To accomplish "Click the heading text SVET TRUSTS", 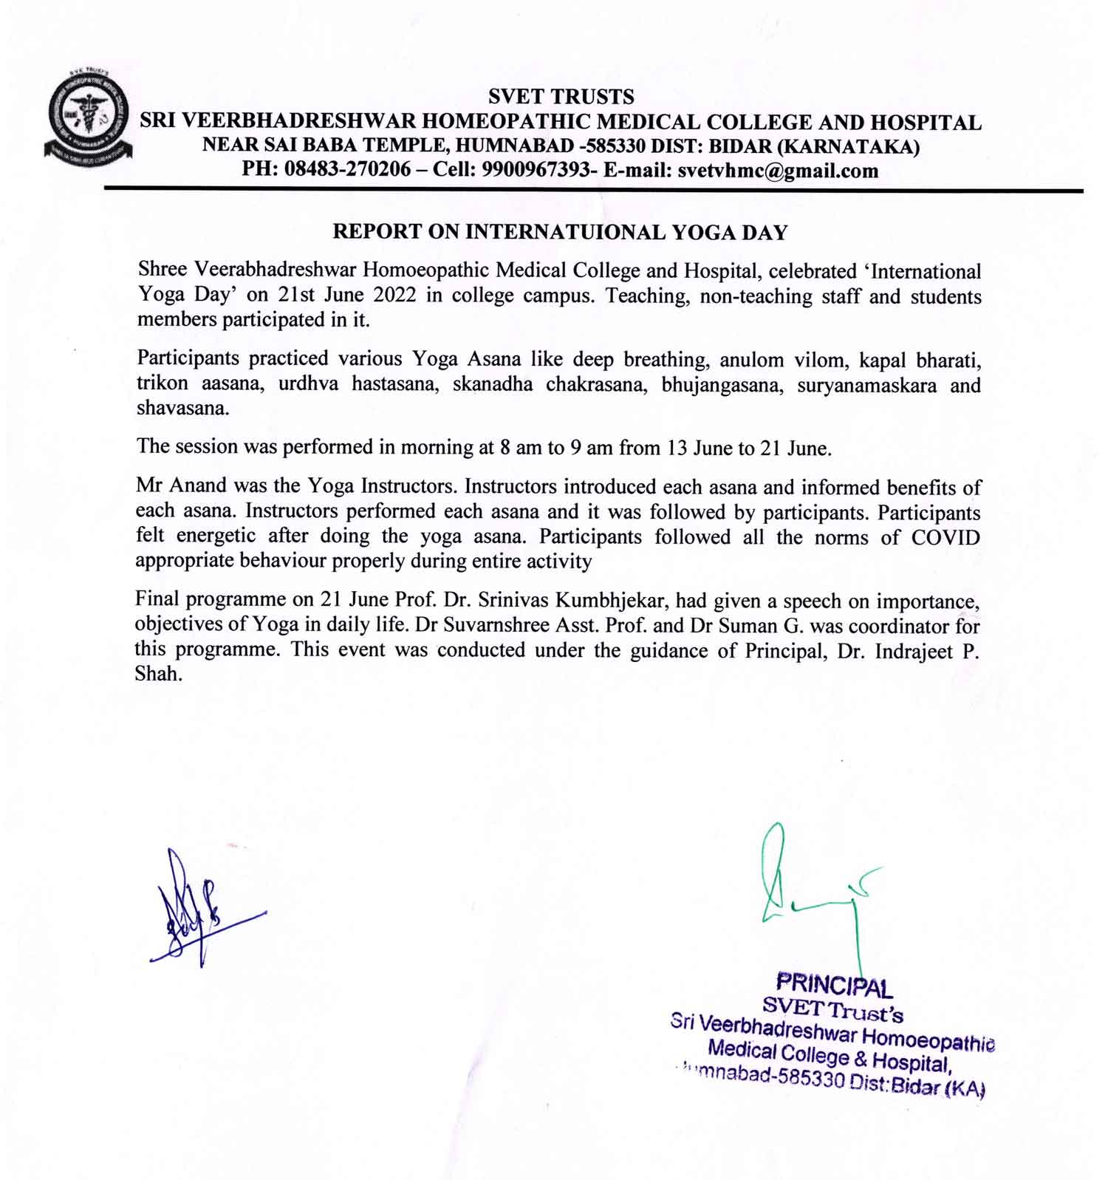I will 561,97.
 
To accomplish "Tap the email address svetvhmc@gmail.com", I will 778,171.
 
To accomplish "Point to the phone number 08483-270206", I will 347,171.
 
